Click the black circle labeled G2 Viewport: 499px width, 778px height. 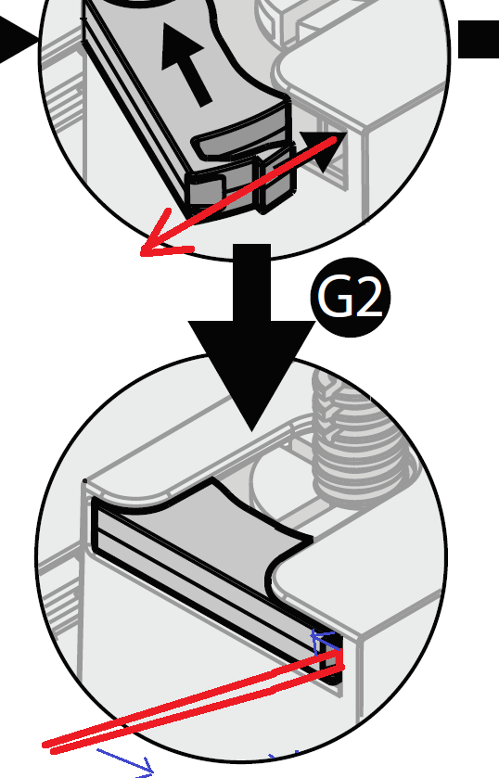pos(351,298)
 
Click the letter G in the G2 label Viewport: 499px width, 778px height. pos(335,298)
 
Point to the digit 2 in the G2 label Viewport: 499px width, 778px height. pos(367,298)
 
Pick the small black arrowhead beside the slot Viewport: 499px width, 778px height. pos(323,150)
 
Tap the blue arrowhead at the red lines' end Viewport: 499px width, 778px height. pos(320,640)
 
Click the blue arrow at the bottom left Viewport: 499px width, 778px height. pos(125,761)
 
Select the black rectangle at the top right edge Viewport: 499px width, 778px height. pos(479,39)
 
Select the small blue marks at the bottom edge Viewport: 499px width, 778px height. pos(284,757)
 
